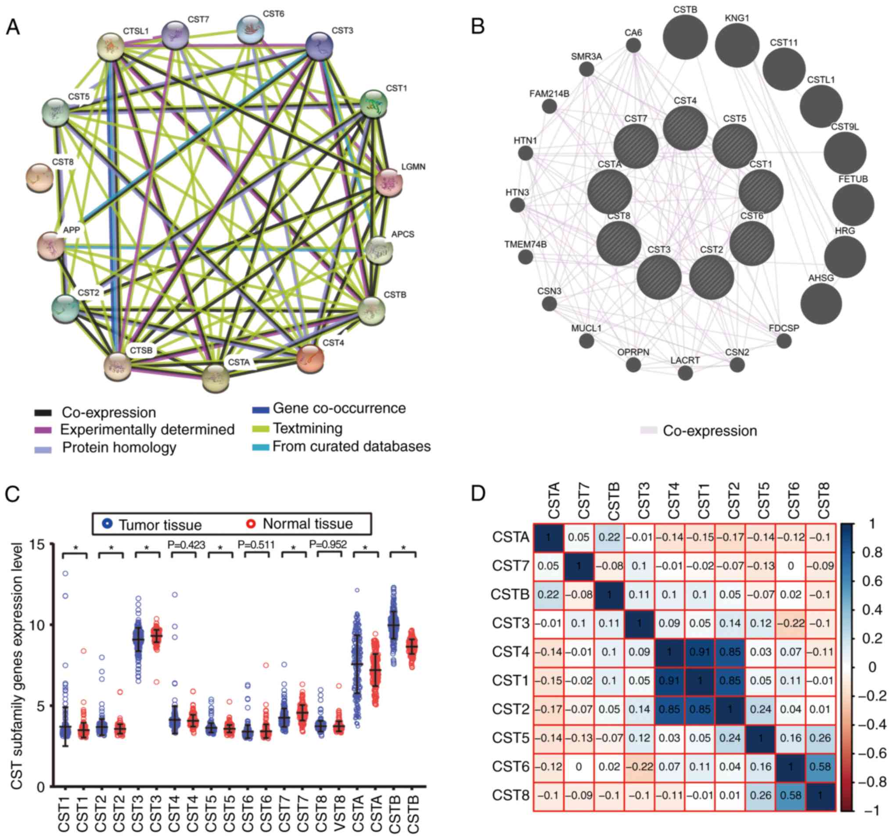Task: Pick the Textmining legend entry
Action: [x=307, y=429]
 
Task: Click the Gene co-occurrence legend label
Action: [x=339, y=408]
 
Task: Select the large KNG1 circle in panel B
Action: [x=737, y=45]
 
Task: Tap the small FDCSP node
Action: [x=784, y=341]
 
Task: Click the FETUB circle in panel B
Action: [x=853, y=205]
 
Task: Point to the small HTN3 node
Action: [x=518, y=205]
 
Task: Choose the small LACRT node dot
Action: [x=685, y=373]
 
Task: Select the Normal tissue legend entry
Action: [x=308, y=524]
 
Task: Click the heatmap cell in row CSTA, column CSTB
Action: [x=609, y=537]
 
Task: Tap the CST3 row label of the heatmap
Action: [x=511, y=623]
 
